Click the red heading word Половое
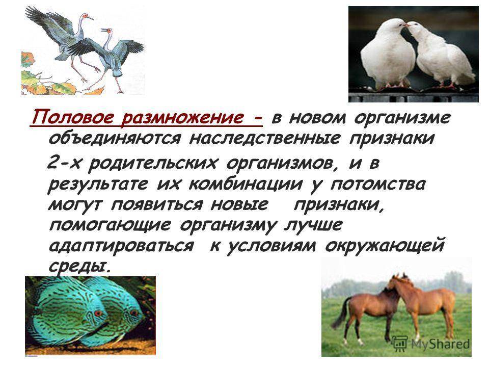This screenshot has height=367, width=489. pos(73,117)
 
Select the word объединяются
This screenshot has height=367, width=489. pos(115,138)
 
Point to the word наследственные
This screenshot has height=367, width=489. pos(264,138)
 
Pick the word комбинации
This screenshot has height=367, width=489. pos(246,184)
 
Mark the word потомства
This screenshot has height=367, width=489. pos(378,184)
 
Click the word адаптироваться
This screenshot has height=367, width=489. pos(121,246)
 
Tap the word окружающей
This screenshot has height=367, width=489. pos(385,246)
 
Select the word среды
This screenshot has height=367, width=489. pos(79,266)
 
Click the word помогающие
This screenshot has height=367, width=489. pos(110,225)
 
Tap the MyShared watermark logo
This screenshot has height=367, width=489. pos(430,344)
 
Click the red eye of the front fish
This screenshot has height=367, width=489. pos(98,313)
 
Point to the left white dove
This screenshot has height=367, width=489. pos(387,54)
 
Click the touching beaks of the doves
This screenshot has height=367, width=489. pos(406,25)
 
